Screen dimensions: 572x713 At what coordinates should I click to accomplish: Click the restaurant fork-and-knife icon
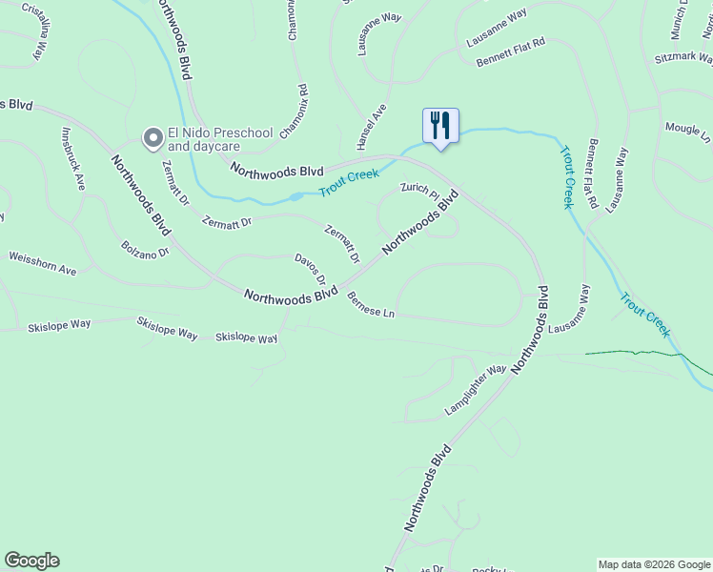(440, 124)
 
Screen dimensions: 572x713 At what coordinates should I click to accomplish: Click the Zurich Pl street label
(419, 191)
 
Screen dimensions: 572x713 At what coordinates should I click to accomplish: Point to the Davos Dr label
(311, 271)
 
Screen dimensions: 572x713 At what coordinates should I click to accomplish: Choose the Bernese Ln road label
(371, 305)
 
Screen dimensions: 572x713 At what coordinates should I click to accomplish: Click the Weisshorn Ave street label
(42, 263)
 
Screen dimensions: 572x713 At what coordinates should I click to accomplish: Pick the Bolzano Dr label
(145, 248)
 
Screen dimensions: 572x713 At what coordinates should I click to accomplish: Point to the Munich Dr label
(678, 19)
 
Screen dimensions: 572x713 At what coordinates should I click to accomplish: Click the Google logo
(31, 561)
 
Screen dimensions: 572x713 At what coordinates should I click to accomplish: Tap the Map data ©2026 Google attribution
(654, 564)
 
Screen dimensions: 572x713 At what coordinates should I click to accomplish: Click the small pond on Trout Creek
(297, 196)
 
